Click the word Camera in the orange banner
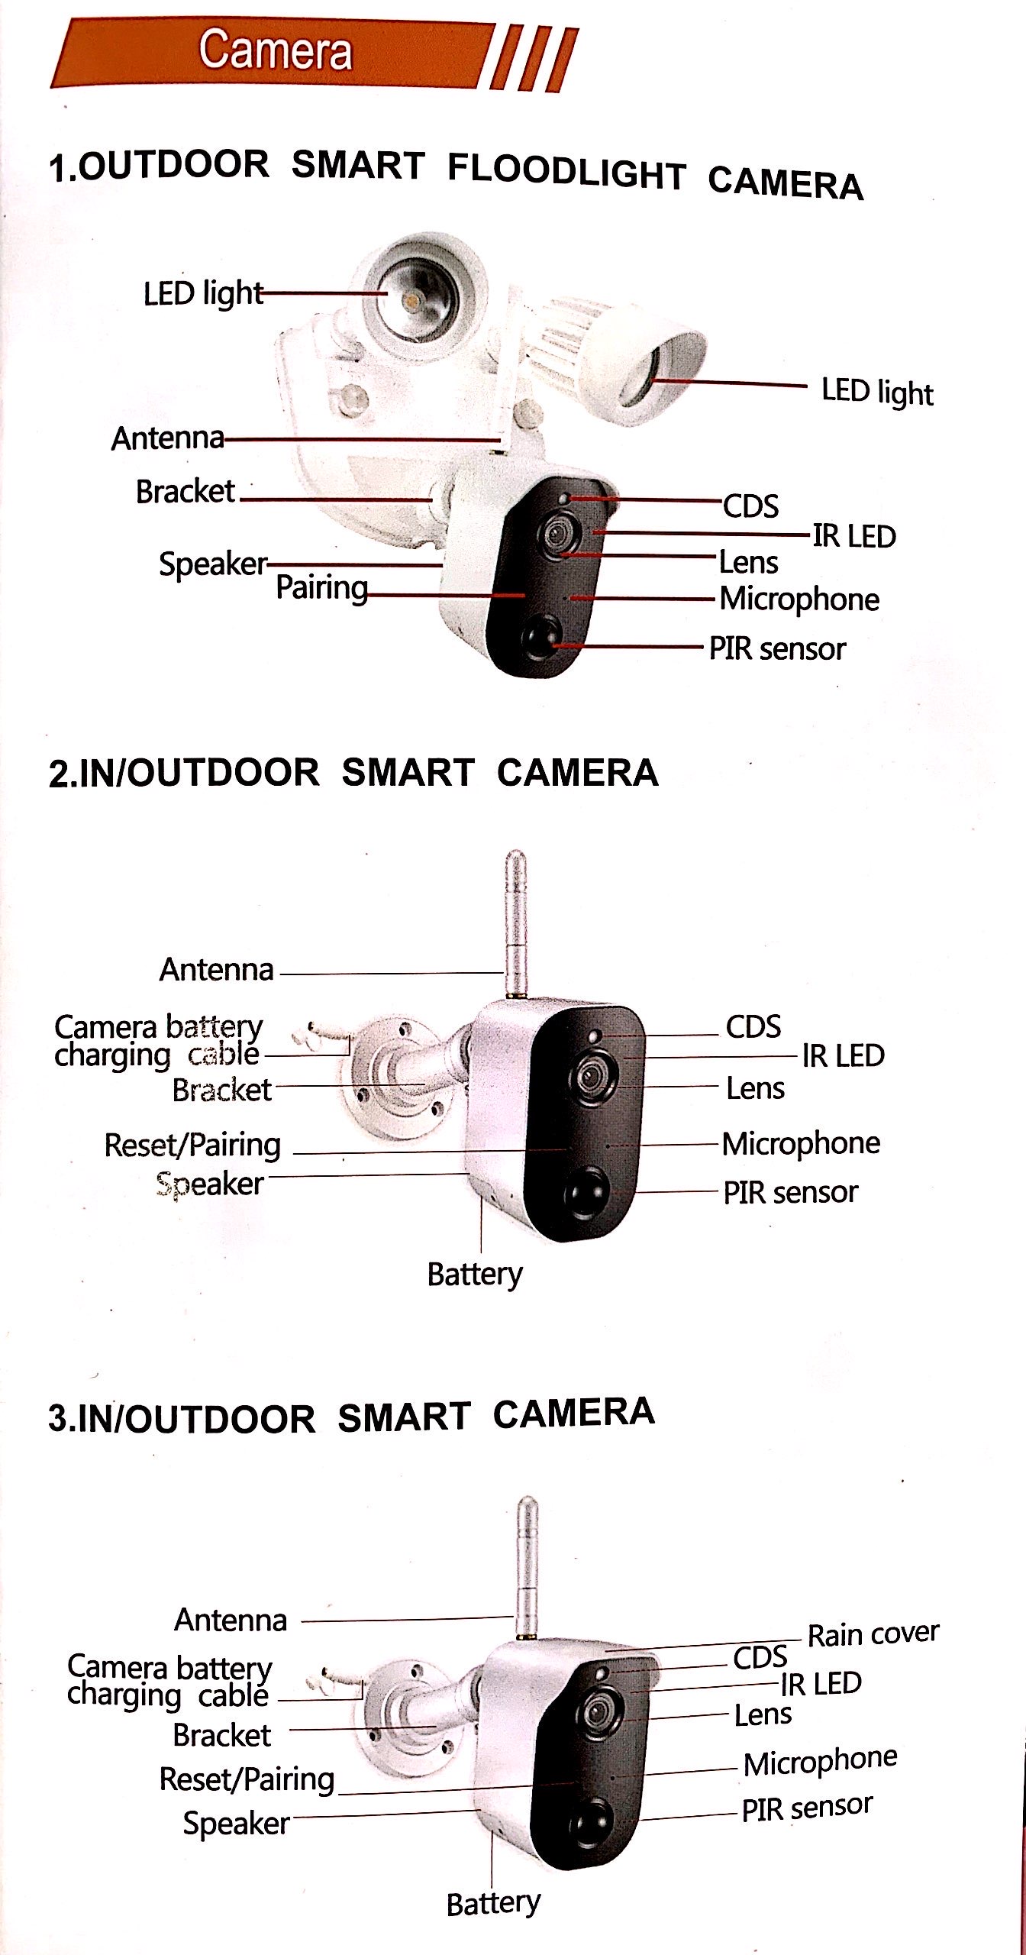coord(275,50)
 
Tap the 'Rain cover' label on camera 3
coord(873,1633)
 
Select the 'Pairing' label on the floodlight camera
coord(321,588)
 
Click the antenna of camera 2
coord(516,924)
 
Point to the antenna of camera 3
coord(527,1569)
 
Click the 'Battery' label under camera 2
coord(475,1274)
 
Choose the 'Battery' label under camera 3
coord(493,1904)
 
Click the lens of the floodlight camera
coord(558,532)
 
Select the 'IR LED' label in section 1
coord(854,536)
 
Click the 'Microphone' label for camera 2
coord(801,1143)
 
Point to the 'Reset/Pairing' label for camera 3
coord(247,1779)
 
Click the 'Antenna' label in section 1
coord(168,438)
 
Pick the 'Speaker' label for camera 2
coord(210,1184)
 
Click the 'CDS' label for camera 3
coord(760,1658)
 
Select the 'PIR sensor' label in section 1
coord(777,648)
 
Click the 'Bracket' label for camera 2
coord(221,1089)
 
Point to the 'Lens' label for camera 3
coord(763,1715)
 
